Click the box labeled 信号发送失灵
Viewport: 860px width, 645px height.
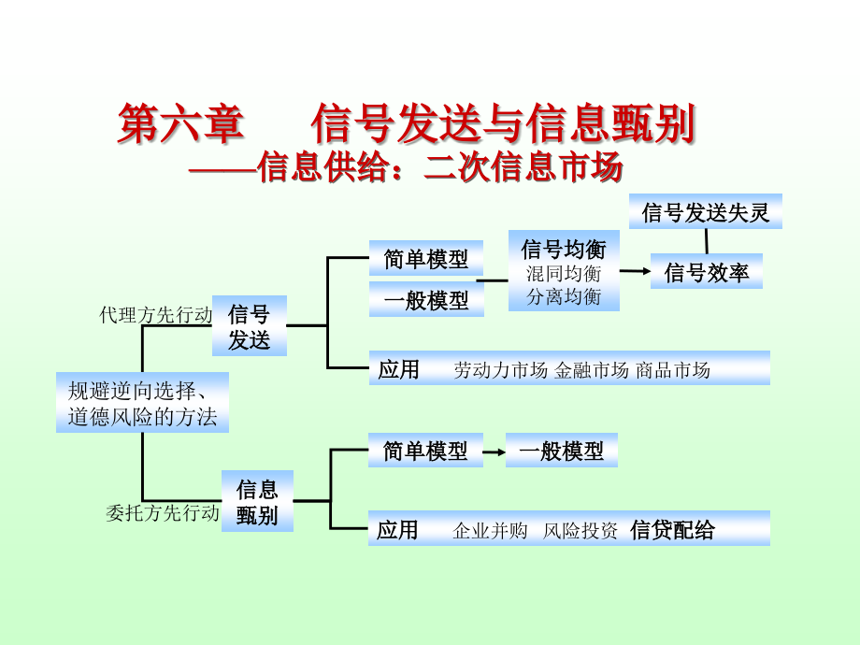pyautogui.click(x=706, y=212)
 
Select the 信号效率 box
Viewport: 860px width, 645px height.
pyautogui.click(x=706, y=272)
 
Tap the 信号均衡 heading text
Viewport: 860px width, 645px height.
pyautogui.click(x=564, y=250)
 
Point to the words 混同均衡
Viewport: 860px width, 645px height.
pyautogui.click(x=564, y=274)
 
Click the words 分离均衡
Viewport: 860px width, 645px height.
pyautogui.click(x=564, y=297)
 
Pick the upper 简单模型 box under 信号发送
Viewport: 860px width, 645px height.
pyautogui.click(x=425, y=258)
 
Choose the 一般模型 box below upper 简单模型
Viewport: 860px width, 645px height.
pyautogui.click(x=425, y=300)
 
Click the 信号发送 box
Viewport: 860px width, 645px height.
pyautogui.click(x=249, y=326)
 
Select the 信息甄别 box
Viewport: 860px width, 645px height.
pyautogui.click(x=257, y=501)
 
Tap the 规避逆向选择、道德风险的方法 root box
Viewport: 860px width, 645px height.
pyautogui.click(x=142, y=402)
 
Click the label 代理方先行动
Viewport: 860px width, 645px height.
pyautogui.click(x=156, y=315)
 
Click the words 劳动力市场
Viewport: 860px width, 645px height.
pyautogui.click(x=500, y=370)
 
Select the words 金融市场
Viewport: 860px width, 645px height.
pyautogui.click(x=591, y=370)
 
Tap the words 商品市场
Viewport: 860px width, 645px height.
pyautogui.click(x=672, y=370)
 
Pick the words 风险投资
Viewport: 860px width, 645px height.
pyautogui.click(x=580, y=531)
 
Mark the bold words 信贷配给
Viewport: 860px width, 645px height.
pyautogui.click(x=672, y=530)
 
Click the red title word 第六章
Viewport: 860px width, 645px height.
pyautogui.click(x=179, y=124)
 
